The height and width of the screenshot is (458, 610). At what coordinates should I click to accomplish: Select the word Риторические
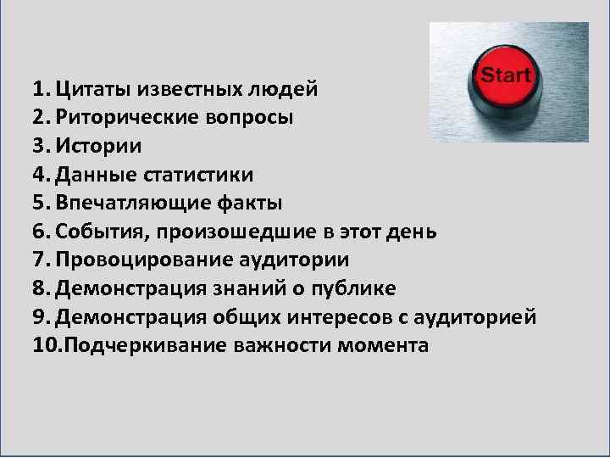[126, 117]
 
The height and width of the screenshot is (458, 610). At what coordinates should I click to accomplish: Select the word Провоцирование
[138, 260]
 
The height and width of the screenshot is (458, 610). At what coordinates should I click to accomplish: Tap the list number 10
[45, 346]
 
